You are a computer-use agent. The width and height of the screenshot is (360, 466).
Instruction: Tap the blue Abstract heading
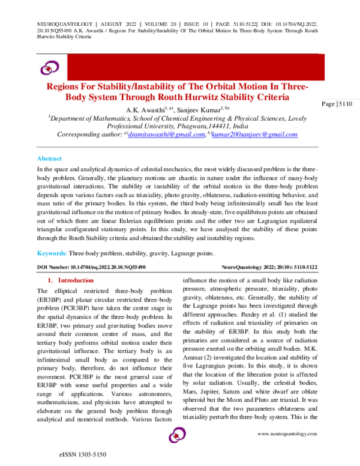[49, 159]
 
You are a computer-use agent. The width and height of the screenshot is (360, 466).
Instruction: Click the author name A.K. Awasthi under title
[147, 109]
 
